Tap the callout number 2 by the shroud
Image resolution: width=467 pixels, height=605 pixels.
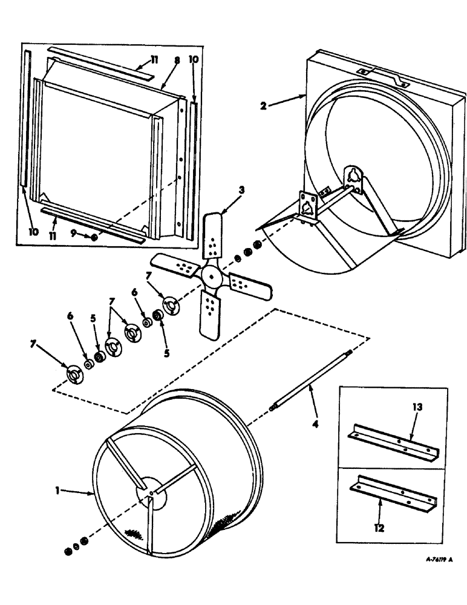tap(264, 105)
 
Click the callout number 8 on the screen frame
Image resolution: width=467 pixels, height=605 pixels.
tap(177, 61)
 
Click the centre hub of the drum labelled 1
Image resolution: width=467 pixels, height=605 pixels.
tap(148, 493)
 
